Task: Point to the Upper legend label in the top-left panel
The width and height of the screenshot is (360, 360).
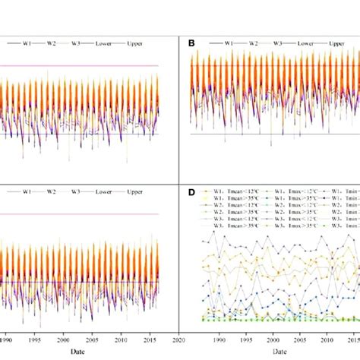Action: point(134,44)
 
